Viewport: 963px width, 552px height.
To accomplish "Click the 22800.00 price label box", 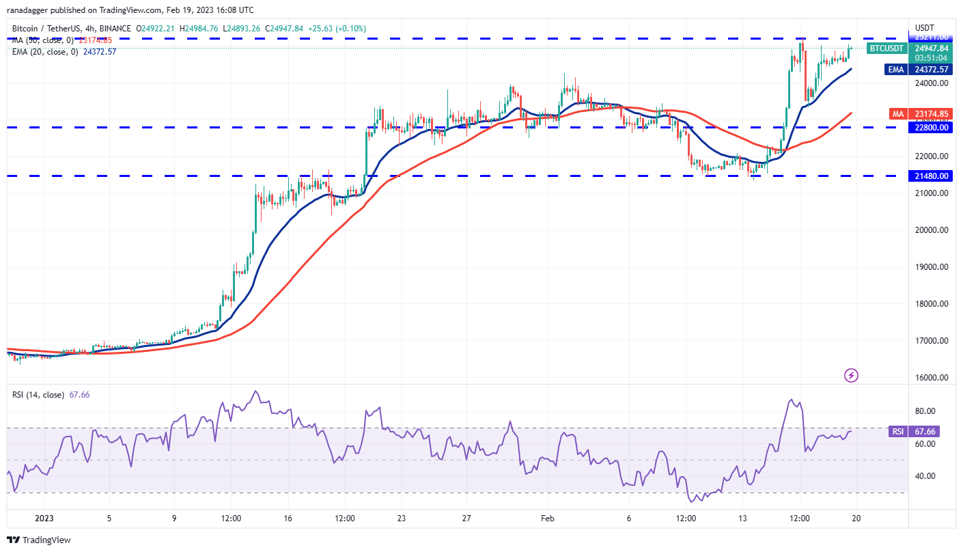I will click(931, 127).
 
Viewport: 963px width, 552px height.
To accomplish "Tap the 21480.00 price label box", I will click(931, 176).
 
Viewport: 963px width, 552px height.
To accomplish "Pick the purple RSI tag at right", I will click(897, 431).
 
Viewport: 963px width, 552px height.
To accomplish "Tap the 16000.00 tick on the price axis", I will click(931, 377).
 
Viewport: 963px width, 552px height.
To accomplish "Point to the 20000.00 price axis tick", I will click(931, 230).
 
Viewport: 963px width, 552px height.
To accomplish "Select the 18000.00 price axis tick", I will click(931, 303).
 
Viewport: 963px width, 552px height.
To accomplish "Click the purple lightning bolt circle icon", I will click(851, 375).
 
